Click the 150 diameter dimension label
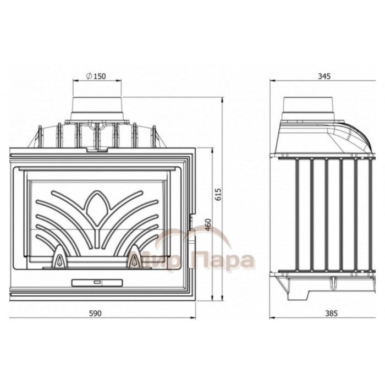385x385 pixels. pos(96,76)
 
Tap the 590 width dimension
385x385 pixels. pos(95,313)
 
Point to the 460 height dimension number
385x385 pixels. pos(208,224)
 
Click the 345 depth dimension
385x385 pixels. pos(324,76)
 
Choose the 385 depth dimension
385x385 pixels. pos(331,313)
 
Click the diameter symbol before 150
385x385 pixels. pos(89,76)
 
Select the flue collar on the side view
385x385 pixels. pos(309,108)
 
